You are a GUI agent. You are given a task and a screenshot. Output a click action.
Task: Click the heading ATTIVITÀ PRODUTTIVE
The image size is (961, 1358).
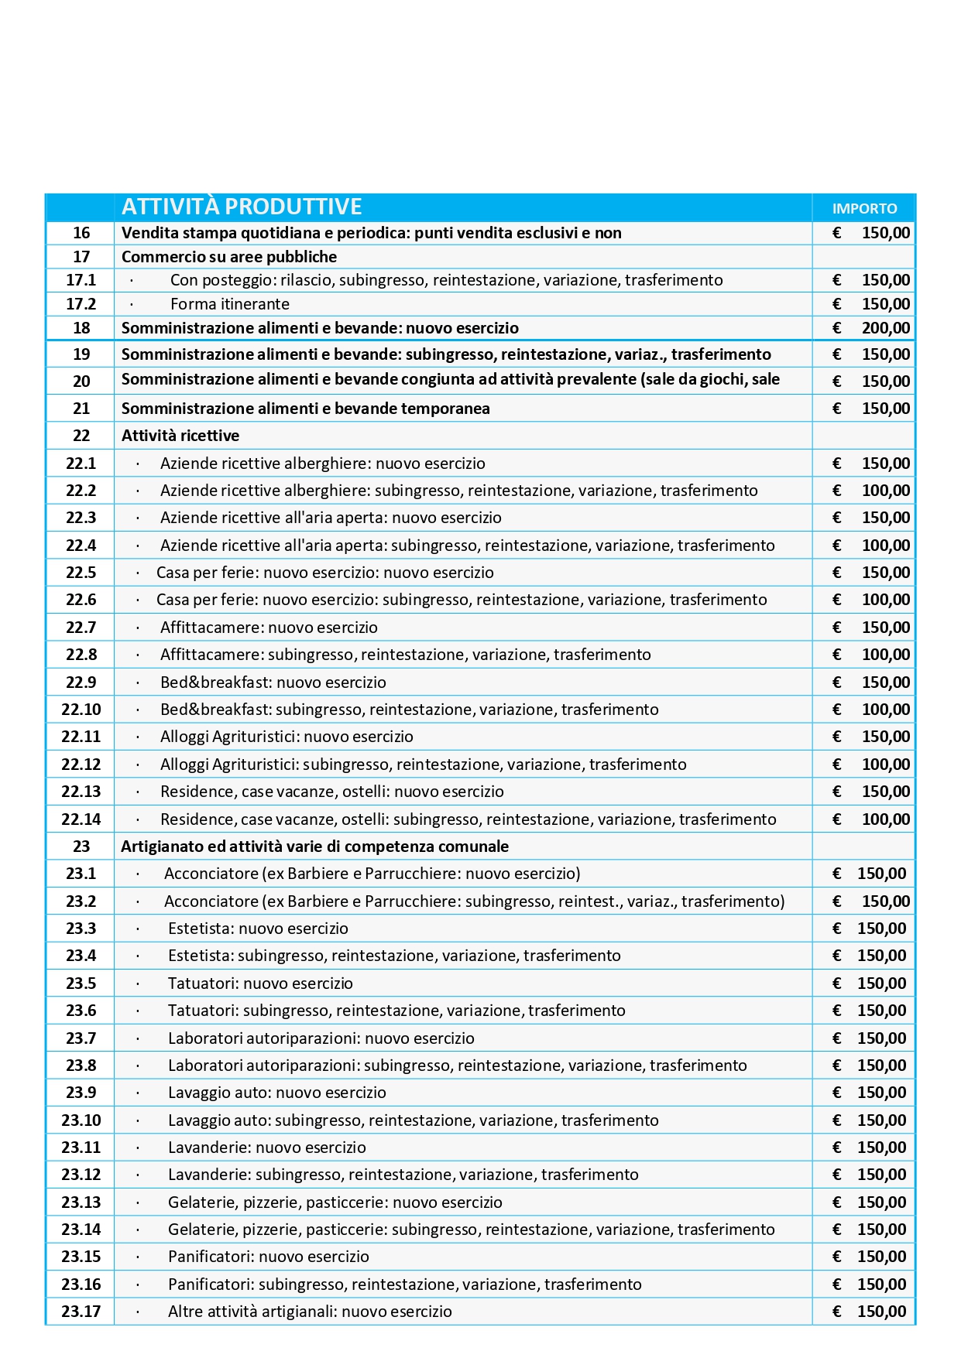coord(242,207)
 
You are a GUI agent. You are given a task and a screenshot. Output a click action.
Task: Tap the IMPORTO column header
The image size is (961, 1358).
coord(864,208)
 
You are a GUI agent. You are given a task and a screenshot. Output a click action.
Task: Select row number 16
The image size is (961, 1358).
coord(81,233)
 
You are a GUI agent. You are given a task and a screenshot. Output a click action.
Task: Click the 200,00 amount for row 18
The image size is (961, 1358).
coord(885,328)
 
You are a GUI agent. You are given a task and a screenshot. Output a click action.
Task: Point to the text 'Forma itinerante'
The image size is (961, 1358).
coord(230,304)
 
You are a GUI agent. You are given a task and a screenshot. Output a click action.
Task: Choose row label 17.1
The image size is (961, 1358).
coord(81,280)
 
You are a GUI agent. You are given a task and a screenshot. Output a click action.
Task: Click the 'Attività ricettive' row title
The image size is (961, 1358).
coord(180,436)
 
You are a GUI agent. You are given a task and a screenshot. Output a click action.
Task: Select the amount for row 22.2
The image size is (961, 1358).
coord(885,491)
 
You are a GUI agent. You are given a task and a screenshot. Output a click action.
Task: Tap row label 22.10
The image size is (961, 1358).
coord(81,710)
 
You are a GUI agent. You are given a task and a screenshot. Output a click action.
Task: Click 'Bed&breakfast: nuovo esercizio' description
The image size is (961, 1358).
coord(273,682)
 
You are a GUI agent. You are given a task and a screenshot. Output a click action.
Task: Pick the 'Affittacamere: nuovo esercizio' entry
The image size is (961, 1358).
coord(269,628)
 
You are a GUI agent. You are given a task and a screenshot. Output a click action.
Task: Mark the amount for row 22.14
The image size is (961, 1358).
coord(885,819)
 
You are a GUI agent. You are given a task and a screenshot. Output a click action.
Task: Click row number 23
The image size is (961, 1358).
coord(81,847)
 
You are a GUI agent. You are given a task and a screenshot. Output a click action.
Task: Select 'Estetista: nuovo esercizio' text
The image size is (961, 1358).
coord(258,929)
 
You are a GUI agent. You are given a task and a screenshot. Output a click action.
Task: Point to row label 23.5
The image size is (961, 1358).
coord(81,983)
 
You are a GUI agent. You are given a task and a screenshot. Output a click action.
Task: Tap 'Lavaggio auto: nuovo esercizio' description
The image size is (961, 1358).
coord(276,1093)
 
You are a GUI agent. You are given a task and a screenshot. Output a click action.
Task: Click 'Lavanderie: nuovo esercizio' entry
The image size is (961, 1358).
coord(266,1148)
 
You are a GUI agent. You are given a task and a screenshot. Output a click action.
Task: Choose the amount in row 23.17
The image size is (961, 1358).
coord(881,1312)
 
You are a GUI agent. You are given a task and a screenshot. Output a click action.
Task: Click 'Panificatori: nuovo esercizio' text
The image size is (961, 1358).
coord(268,1257)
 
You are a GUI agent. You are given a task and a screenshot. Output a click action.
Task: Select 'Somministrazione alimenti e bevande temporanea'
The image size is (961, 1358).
coord(305,409)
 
